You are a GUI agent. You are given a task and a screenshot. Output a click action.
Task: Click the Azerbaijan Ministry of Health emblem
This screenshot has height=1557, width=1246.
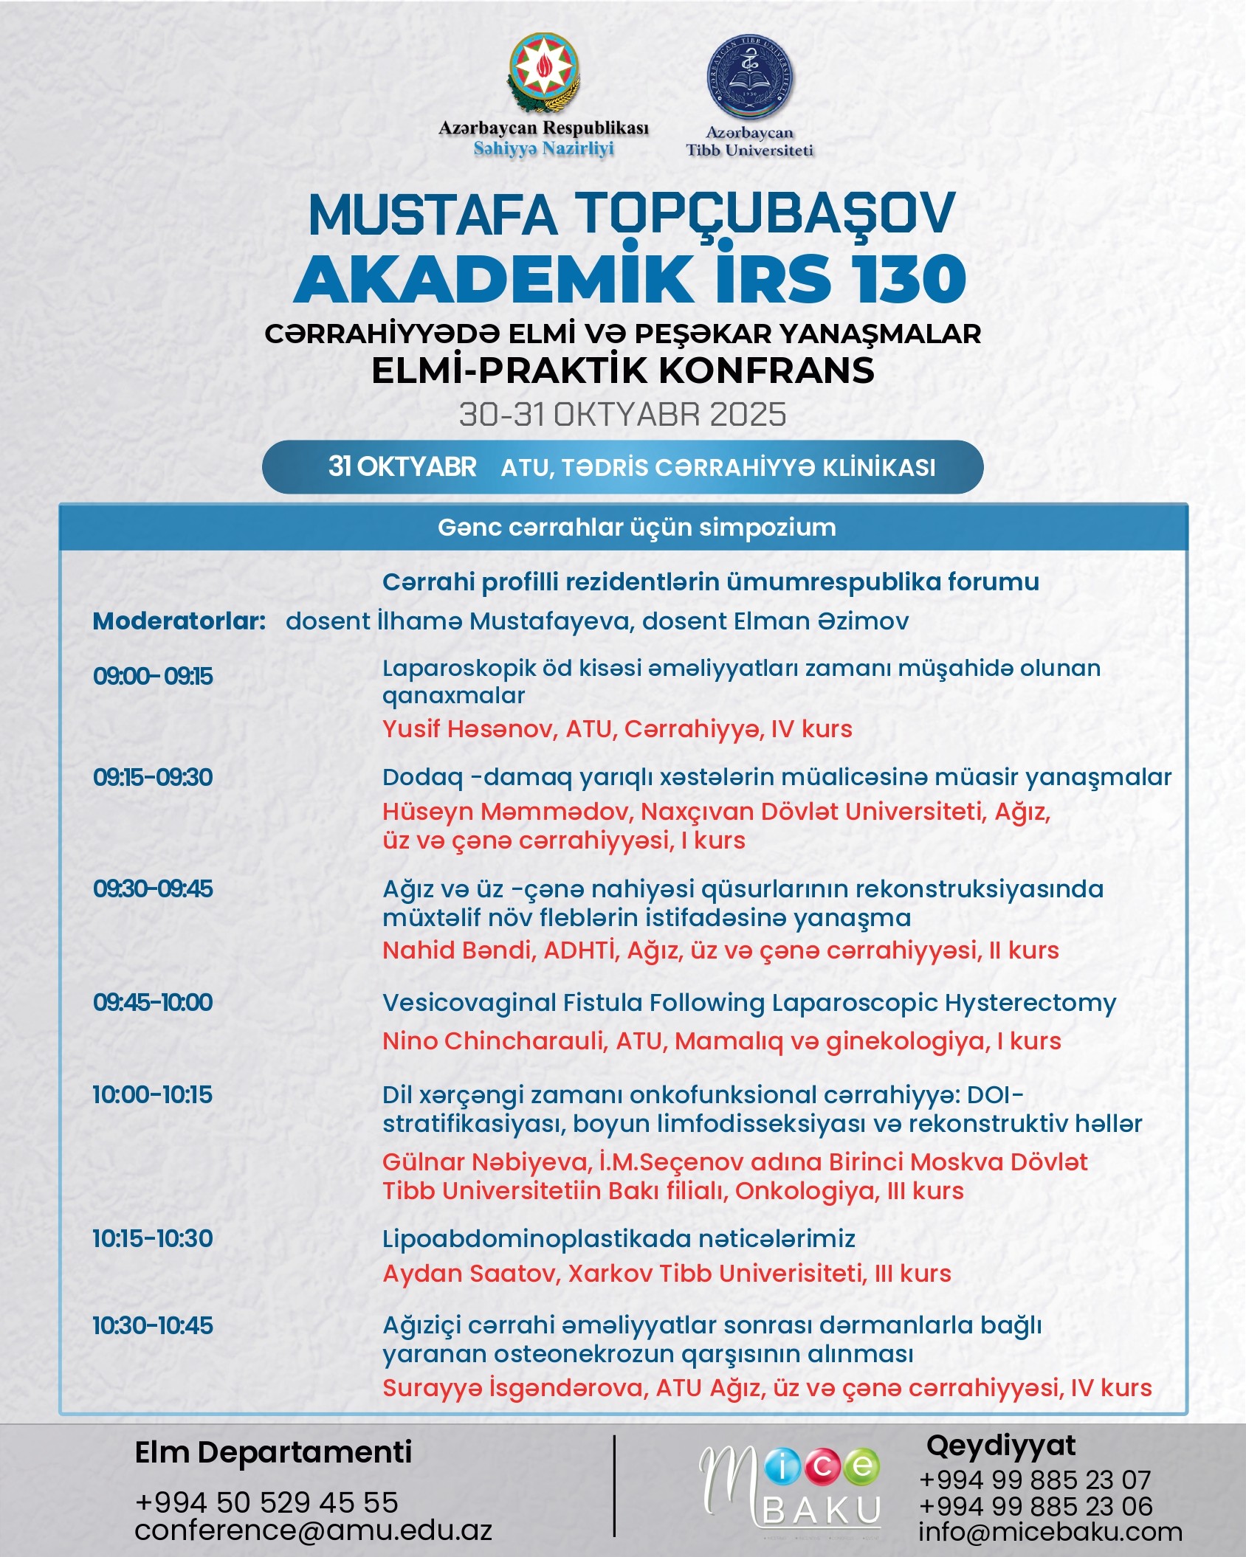click(x=544, y=75)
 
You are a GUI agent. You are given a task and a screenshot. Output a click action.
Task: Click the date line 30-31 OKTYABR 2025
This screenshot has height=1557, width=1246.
click(x=622, y=415)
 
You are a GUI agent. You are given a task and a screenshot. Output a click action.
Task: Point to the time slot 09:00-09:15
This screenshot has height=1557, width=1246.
click(x=153, y=676)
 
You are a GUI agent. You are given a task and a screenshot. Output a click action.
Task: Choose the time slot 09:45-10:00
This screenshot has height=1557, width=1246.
click(x=153, y=1002)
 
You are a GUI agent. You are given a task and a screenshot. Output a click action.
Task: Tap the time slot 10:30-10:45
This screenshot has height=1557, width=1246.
click(x=153, y=1325)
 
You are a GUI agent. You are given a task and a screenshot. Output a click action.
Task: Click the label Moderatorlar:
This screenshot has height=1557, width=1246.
click(x=179, y=621)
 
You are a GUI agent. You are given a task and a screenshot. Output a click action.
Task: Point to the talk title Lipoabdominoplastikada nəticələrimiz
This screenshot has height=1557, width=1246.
click(x=619, y=1238)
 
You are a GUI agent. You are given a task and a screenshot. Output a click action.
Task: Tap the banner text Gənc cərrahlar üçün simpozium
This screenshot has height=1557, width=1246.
click(x=636, y=528)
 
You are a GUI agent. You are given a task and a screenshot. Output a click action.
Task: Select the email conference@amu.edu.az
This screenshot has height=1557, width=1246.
click(x=313, y=1530)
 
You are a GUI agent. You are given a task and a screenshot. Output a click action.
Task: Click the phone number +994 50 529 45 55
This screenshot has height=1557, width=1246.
click(x=266, y=1502)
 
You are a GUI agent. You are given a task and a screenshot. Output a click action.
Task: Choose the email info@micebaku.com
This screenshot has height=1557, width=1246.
click(x=1050, y=1532)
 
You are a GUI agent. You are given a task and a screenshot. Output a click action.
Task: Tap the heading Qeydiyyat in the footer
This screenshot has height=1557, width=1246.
click(x=1001, y=1445)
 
